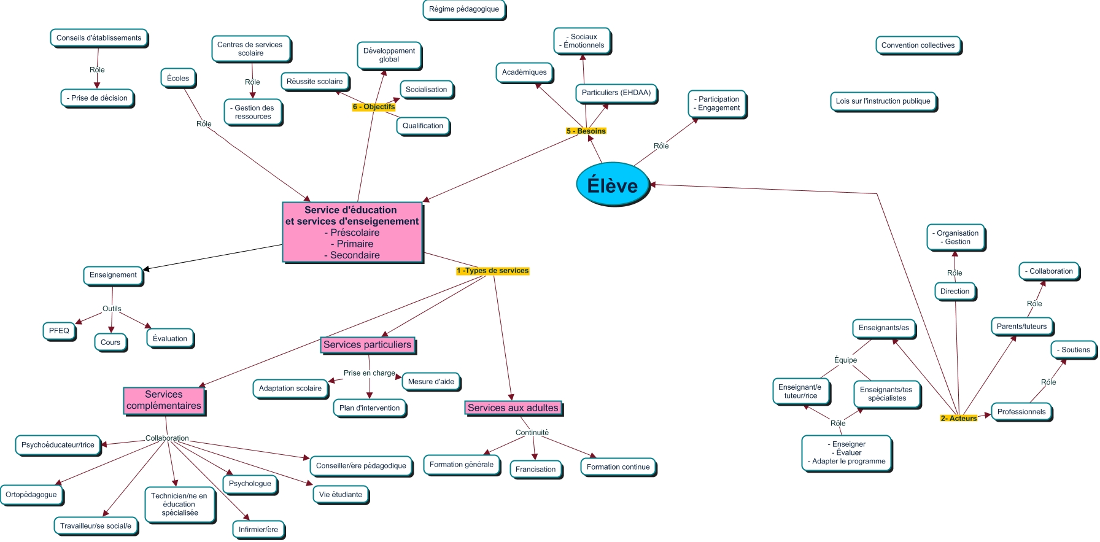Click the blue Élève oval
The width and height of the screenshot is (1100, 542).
613,185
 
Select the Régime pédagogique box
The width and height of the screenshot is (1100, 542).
464,9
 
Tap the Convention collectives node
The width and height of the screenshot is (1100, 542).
918,45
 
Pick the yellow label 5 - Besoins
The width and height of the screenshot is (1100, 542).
586,131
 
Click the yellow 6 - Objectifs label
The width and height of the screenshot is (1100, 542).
373,107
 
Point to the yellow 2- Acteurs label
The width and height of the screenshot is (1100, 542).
958,418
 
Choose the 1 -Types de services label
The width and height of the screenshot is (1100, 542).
492,271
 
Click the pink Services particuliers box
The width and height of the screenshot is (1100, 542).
367,345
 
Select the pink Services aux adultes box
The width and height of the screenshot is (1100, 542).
513,408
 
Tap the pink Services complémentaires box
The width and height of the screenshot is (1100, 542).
164,400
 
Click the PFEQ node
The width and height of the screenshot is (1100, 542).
59,331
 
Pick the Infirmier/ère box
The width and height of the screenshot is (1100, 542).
258,529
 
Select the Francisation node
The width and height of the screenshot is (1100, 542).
535,469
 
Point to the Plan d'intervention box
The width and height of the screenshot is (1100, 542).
369,408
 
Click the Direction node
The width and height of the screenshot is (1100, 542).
955,292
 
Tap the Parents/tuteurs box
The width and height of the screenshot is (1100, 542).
1021,327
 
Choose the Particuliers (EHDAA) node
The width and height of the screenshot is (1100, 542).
616,93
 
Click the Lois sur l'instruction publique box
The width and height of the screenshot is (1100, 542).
883,101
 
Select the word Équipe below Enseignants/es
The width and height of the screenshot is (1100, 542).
845,360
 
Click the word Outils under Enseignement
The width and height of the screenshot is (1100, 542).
112,309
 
